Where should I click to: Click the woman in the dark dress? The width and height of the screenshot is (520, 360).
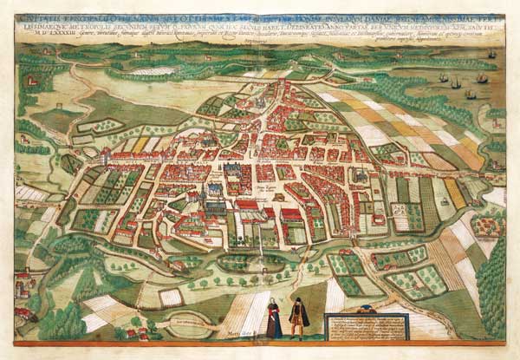[274, 320]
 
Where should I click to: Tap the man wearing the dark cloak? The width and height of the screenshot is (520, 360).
[297, 318]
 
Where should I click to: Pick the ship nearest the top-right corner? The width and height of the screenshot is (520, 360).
[491, 55]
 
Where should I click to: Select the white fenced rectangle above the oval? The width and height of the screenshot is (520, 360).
[170, 298]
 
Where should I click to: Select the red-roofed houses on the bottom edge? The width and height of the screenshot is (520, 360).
[134, 332]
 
